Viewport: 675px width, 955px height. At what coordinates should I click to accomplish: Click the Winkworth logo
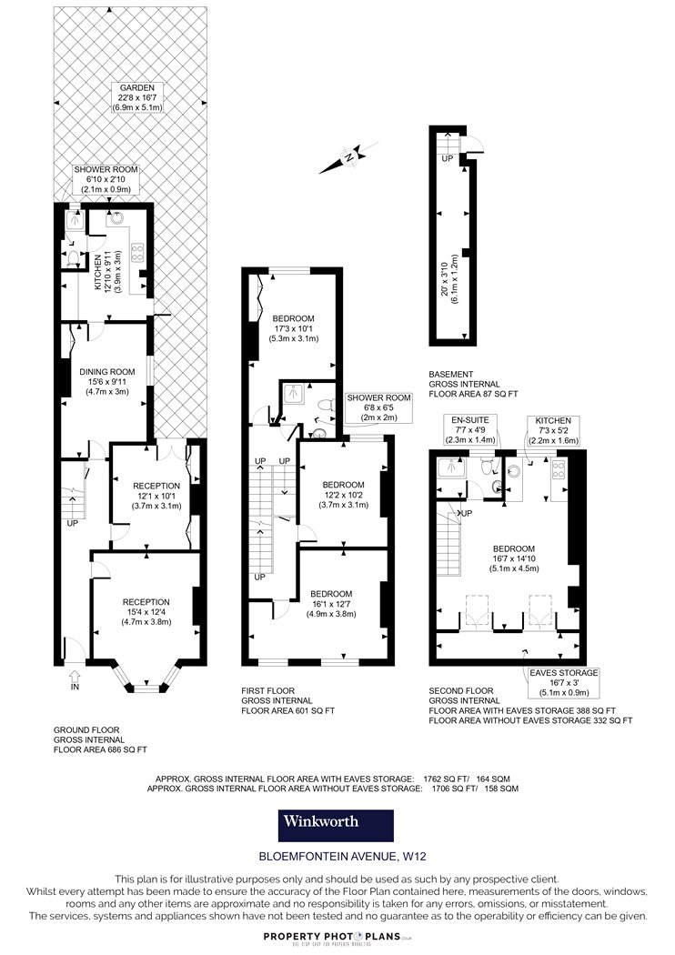336,825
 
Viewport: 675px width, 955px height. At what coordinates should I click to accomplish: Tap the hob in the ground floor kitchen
137,252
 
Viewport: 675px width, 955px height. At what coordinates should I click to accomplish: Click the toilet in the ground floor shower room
73,258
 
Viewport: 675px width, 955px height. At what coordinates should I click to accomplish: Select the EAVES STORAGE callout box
563,683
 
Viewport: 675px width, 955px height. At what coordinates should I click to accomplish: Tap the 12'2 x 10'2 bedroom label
344,495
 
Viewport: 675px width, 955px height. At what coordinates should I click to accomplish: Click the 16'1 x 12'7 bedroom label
331,604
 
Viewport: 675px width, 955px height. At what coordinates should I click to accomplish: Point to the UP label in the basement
448,158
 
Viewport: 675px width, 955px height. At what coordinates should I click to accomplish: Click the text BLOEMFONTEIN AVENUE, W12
343,856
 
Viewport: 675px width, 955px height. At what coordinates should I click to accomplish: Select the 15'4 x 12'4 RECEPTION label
146,612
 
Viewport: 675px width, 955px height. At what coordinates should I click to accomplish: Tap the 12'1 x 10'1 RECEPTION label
156,496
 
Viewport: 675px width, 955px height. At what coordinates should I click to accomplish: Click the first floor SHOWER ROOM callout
379,407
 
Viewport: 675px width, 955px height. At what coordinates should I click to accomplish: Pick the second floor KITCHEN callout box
553,430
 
